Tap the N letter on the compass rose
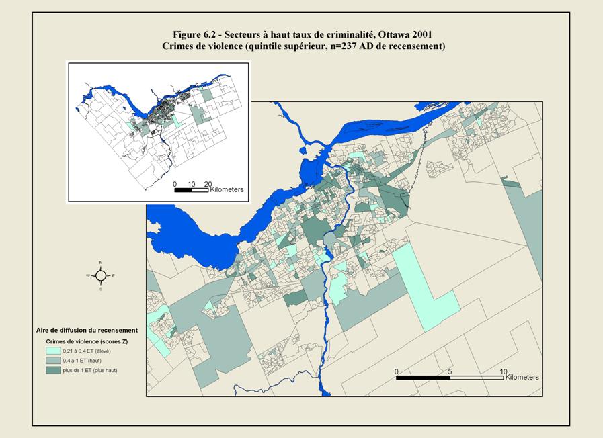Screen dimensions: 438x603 (101, 263)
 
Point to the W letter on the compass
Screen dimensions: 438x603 (87, 275)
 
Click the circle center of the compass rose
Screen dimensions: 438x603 (101, 275)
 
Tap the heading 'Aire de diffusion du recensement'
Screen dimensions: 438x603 (87, 330)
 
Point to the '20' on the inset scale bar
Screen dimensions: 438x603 (207, 183)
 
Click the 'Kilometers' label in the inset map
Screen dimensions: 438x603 (226, 190)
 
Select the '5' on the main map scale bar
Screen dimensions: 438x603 (450, 371)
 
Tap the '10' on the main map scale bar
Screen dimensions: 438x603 (503, 371)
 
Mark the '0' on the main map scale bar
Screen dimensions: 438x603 (397, 371)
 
